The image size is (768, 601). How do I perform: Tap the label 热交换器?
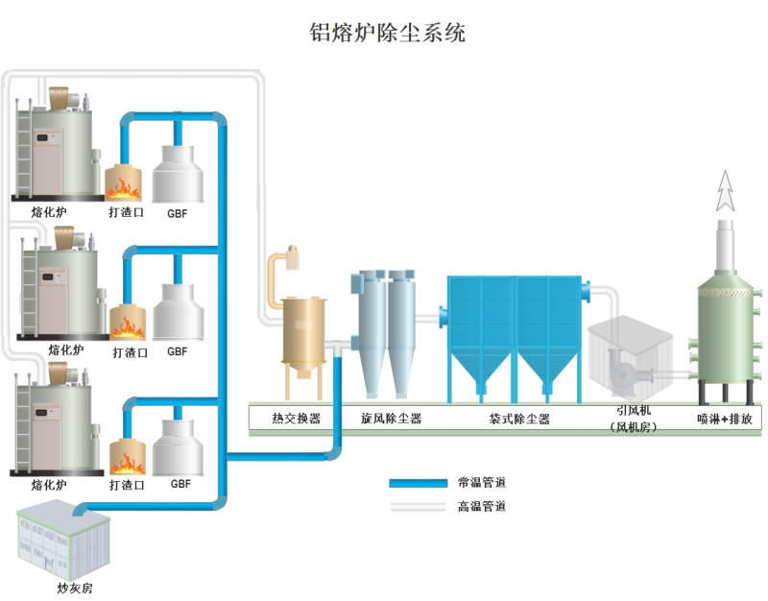pyautogui.click(x=296, y=419)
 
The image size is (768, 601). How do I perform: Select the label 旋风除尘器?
pyautogui.click(x=391, y=419)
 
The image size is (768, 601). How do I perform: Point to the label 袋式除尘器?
pyautogui.click(x=519, y=419)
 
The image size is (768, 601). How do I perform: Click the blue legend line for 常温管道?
pyautogui.click(x=418, y=482)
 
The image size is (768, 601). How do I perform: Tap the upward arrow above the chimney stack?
pyautogui.click(x=727, y=198)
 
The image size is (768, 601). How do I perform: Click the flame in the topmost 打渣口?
pyautogui.click(x=125, y=183)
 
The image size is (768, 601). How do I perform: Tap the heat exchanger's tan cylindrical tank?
pyautogui.click(x=303, y=330)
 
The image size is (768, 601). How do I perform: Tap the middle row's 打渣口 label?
pyautogui.click(x=130, y=352)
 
